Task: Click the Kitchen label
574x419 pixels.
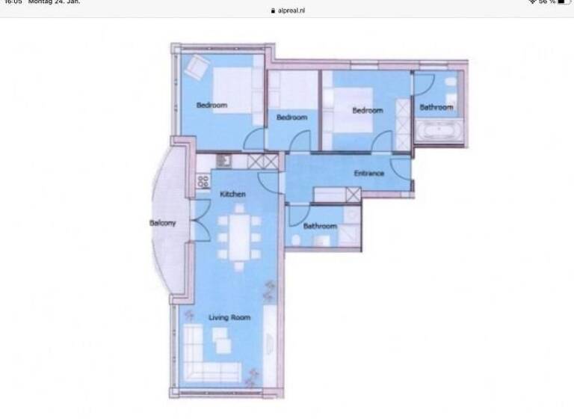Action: pyautogui.click(x=232, y=195)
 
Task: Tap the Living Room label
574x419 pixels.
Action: pyautogui.click(x=229, y=317)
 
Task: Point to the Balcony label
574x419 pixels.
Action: pyautogui.click(x=162, y=223)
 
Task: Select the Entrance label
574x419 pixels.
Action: pyautogui.click(x=368, y=174)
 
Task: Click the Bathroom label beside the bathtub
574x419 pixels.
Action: pyautogui.click(x=436, y=107)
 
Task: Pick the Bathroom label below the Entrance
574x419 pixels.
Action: pyautogui.click(x=320, y=225)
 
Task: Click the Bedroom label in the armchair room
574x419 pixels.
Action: pyautogui.click(x=212, y=105)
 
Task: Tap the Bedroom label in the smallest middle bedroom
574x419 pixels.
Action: pyautogui.click(x=291, y=117)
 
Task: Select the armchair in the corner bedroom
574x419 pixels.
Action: pyautogui.click(x=196, y=67)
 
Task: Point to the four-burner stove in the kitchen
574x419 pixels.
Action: pyautogui.click(x=203, y=181)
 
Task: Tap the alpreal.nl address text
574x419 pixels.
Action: pyautogui.click(x=291, y=11)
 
